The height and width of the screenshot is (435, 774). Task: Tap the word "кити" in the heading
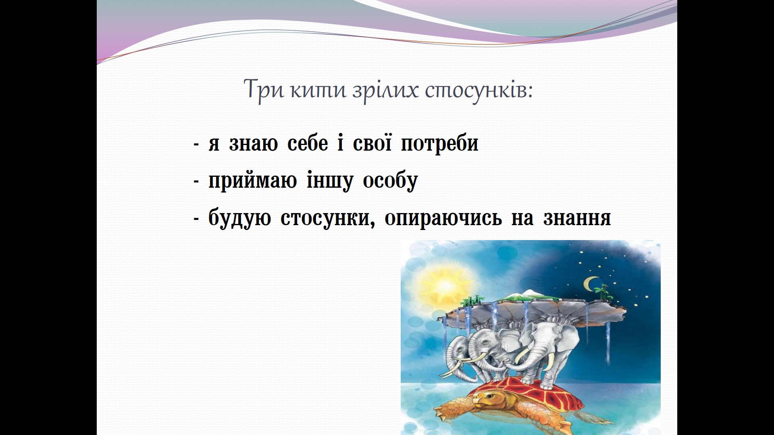318,90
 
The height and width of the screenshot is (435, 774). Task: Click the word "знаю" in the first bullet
254,144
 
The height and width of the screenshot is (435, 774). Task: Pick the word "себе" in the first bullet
308,143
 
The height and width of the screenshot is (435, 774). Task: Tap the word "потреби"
439,144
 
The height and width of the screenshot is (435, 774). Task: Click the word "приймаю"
253,181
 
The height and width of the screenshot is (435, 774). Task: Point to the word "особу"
390,181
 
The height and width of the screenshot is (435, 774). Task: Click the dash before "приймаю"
197,182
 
